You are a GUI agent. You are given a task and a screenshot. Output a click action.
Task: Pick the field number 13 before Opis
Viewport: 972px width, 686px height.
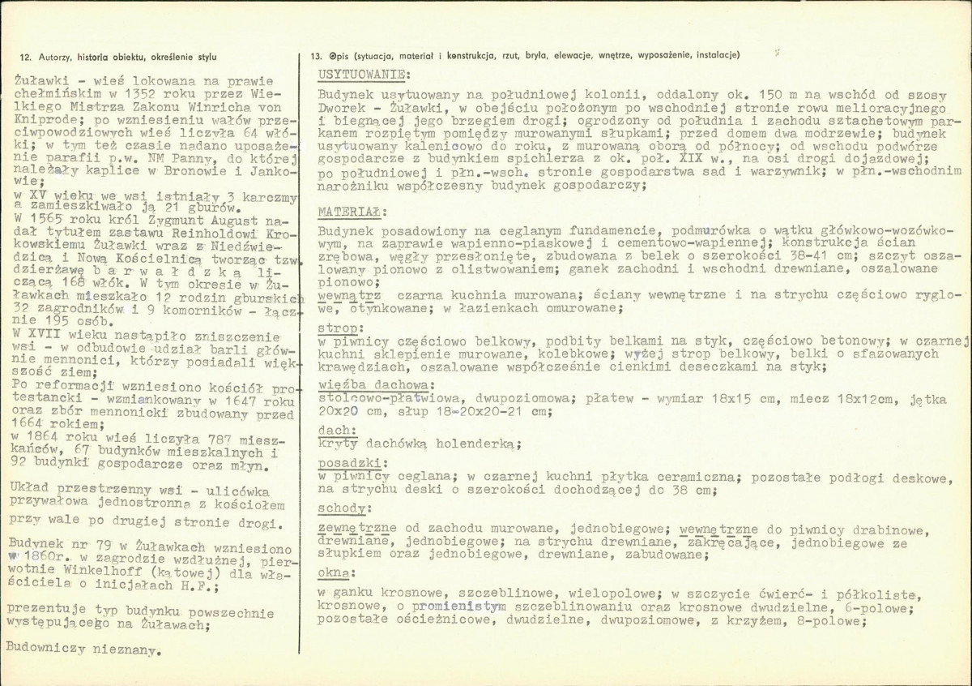point(316,56)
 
